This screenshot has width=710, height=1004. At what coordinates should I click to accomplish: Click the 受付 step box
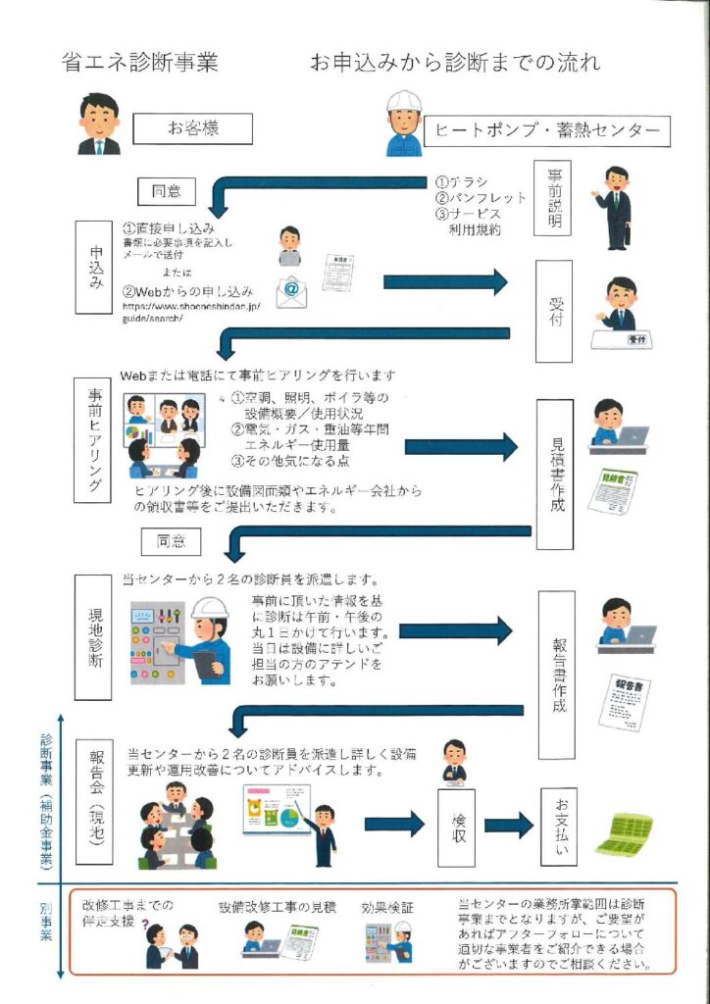[553, 311]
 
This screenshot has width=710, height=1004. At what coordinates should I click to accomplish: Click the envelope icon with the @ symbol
[293, 290]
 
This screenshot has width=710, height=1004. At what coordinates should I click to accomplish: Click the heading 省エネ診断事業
[139, 64]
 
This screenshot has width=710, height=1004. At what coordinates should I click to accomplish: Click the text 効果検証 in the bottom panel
[386, 906]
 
